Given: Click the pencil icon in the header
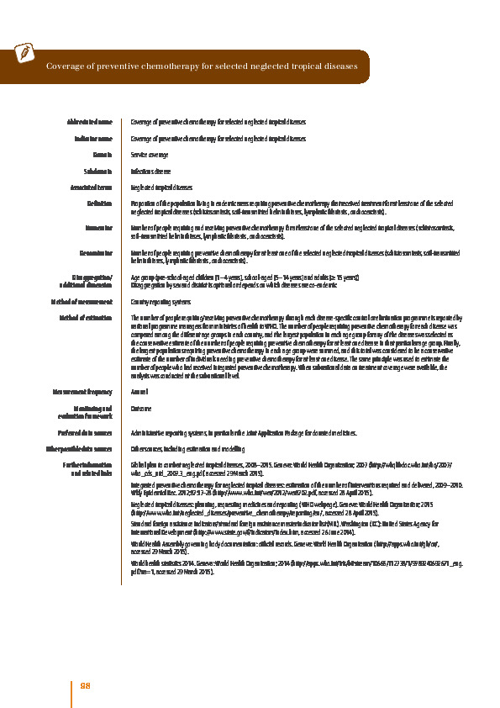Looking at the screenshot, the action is click(x=25, y=52).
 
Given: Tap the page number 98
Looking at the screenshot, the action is click(x=85, y=686).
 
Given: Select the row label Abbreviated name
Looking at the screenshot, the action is click(x=90, y=122).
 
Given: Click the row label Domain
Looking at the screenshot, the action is click(x=103, y=156).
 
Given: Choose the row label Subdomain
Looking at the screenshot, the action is click(x=98, y=172).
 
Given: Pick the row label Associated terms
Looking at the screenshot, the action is click(x=92, y=188).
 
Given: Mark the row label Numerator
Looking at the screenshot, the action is click(x=98, y=228).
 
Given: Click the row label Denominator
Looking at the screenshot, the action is click(x=95, y=251).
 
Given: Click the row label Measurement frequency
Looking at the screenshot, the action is click(x=83, y=391).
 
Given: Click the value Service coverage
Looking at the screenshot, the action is click(x=150, y=156).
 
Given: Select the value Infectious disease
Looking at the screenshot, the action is click(x=151, y=172).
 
